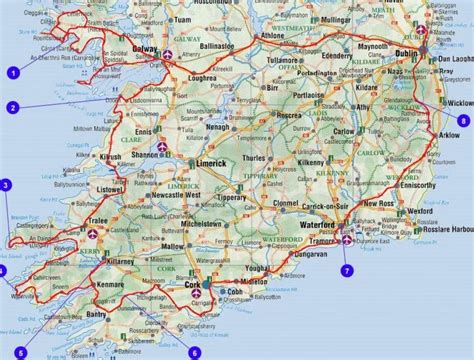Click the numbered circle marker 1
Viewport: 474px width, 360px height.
coord(14,71)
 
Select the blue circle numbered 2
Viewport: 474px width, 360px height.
coord(14,108)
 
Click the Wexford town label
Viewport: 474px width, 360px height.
coord(417,213)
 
